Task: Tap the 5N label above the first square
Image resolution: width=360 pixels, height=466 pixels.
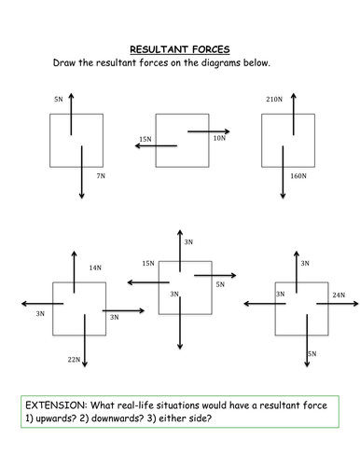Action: click(x=60, y=97)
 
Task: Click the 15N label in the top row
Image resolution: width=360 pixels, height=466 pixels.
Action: click(x=145, y=139)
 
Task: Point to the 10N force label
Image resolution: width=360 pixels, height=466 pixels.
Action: click(x=219, y=138)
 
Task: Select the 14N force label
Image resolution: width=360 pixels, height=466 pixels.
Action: click(x=94, y=267)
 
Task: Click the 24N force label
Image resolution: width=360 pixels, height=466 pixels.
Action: click(x=338, y=295)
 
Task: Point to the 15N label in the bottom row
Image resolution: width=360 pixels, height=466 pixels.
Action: click(x=148, y=264)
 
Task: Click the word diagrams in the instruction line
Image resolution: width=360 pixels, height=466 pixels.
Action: click(x=244, y=63)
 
